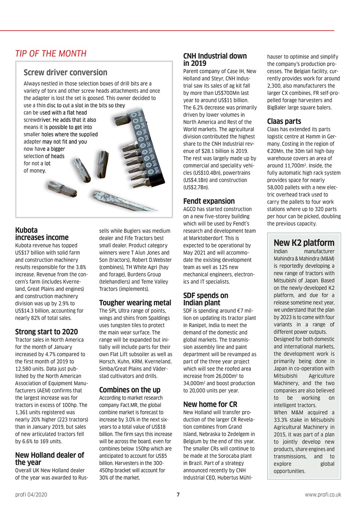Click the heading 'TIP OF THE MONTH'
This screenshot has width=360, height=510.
(x=51, y=53)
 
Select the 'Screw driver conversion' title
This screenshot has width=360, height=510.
(x=65, y=73)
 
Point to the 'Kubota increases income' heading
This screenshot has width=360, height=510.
(x=41, y=234)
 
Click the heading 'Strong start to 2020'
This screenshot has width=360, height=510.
(x=46, y=332)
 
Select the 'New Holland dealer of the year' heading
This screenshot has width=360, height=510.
(x=49, y=459)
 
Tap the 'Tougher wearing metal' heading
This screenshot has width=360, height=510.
(x=135, y=303)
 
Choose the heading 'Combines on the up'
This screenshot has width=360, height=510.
(x=129, y=390)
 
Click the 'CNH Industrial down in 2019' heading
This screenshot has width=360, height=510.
(x=215, y=59)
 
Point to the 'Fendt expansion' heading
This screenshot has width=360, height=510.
(x=209, y=201)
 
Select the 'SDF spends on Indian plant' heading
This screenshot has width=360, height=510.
(x=205, y=299)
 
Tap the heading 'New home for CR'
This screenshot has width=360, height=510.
(x=210, y=404)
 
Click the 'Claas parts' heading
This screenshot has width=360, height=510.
(x=284, y=121)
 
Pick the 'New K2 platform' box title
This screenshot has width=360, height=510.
(x=304, y=243)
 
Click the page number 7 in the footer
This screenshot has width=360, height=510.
(x=178, y=494)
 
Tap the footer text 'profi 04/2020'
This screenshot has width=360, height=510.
(x=31, y=494)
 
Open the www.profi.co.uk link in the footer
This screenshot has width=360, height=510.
(x=323, y=494)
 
